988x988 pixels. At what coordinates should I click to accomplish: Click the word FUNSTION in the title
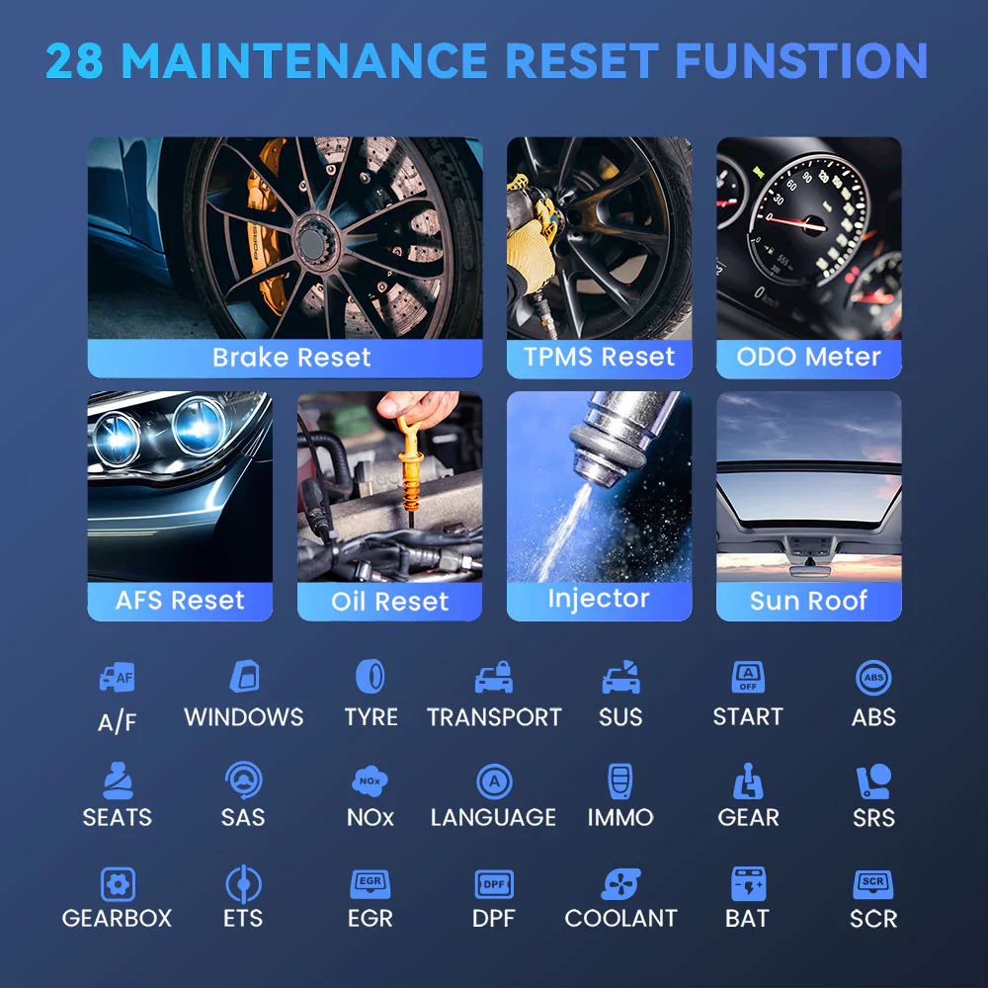point(801,61)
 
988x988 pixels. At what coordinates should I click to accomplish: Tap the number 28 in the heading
point(74,61)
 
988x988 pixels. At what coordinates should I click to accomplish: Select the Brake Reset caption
point(291,358)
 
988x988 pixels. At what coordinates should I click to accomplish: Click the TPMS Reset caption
point(600,357)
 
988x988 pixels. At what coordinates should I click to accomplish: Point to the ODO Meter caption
point(808,357)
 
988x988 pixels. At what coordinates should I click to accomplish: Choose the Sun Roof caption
point(808,601)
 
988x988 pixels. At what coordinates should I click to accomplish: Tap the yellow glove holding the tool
point(531,247)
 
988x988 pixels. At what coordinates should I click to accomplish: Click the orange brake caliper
point(265,227)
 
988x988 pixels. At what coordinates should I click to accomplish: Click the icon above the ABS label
point(873,678)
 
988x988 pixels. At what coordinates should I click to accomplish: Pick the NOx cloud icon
point(370,781)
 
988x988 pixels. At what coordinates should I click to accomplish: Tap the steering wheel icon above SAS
point(243,781)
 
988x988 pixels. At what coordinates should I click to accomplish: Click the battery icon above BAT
point(748,883)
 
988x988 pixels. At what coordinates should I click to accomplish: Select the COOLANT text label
point(620,918)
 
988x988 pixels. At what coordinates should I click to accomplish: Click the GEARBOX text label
point(117,918)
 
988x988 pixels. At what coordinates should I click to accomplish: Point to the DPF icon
point(494,884)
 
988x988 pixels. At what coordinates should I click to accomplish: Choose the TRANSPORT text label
point(494,717)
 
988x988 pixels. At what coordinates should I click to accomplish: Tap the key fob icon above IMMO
point(620,782)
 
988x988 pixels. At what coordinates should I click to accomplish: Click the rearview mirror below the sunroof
point(809,571)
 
